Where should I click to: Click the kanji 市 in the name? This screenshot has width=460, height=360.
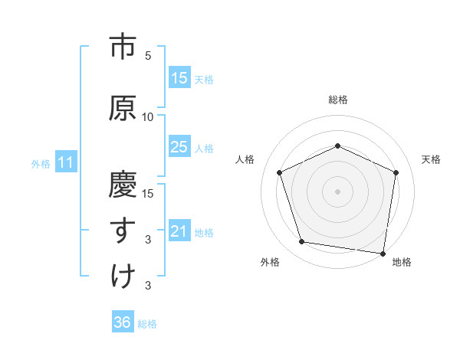pyautogui.click(x=123, y=47)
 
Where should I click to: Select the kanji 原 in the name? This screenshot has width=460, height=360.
pyautogui.click(x=123, y=108)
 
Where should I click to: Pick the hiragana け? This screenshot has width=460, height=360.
pyautogui.click(x=123, y=276)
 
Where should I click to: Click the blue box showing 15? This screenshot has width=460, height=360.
pyautogui.click(x=179, y=78)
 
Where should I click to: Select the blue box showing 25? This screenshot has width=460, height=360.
pyautogui.click(x=179, y=147)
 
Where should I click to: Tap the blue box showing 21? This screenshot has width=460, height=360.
pyautogui.click(x=179, y=232)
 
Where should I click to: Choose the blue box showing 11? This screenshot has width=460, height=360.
pyautogui.click(x=66, y=162)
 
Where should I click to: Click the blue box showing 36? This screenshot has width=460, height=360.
pyautogui.click(x=123, y=322)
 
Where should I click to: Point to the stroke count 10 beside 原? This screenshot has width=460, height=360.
pyautogui.click(x=148, y=116)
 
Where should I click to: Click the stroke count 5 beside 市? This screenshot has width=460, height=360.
pyautogui.click(x=148, y=55)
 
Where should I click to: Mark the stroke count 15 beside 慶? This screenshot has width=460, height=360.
pyautogui.click(x=148, y=193)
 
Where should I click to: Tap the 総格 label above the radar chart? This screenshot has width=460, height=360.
pyautogui.click(x=338, y=100)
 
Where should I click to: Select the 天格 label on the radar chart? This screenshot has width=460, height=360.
pyautogui.click(x=431, y=159)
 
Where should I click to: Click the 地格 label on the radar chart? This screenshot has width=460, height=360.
pyautogui.click(x=402, y=262)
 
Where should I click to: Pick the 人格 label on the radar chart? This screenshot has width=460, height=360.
pyautogui.click(x=245, y=159)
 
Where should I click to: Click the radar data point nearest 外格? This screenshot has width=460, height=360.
pyautogui.click(x=302, y=242)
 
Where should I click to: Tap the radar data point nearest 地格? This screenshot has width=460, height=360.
pyautogui.click(x=383, y=253)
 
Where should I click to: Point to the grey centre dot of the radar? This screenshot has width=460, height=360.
pyautogui.click(x=338, y=191)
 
